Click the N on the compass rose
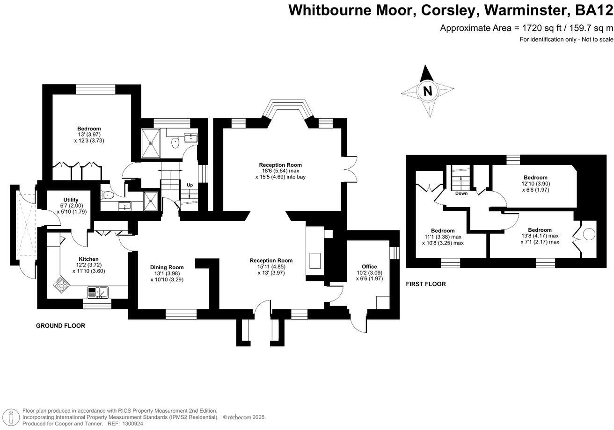click(x=427, y=91)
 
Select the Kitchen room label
click(x=88, y=259)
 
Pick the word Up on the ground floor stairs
click(x=190, y=185)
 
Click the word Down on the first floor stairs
click(x=461, y=193)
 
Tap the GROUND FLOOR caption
click(x=60, y=326)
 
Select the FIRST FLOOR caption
click(x=425, y=284)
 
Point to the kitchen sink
click(x=98, y=293)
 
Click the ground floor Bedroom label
click(x=89, y=129)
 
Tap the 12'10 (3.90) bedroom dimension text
click(x=536, y=184)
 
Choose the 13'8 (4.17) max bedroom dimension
click(x=540, y=236)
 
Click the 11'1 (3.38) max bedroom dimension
click(x=443, y=237)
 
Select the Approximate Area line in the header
click(x=526, y=28)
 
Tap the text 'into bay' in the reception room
click(x=294, y=177)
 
